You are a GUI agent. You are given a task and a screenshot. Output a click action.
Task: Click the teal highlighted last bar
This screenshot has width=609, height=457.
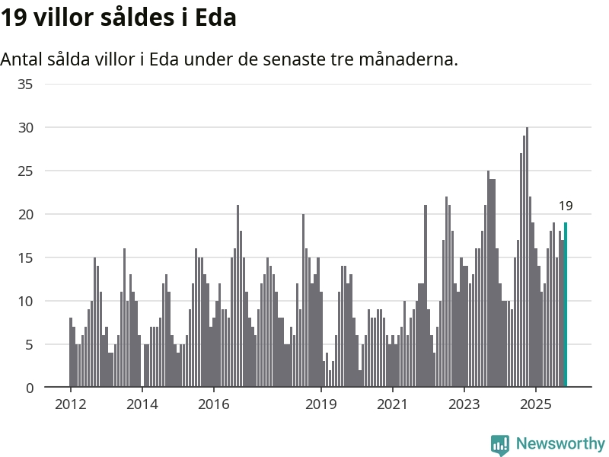(x=566, y=305)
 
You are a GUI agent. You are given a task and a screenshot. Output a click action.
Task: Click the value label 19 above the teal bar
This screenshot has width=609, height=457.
(x=566, y=206)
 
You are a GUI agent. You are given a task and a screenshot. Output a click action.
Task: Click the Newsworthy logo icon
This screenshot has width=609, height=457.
(x=500, y=445)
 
